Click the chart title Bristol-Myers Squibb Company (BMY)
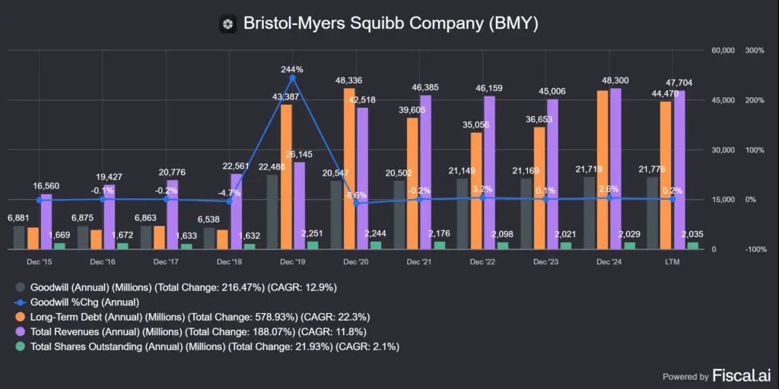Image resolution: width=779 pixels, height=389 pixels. [390, 24]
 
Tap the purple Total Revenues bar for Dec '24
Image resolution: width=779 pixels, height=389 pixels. [615, 169]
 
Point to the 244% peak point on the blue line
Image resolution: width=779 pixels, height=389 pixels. [292, 77]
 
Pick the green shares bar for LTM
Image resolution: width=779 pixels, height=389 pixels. [692, 245]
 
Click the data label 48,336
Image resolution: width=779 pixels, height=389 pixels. [349, 80]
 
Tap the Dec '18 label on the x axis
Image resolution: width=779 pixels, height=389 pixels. [229, 261]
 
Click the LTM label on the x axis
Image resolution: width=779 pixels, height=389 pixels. [672, 261]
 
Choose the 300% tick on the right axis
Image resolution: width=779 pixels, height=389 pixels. [755, 51]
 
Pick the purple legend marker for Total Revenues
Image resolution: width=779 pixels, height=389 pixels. [20, 331]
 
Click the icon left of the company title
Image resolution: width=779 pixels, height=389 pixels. [227, 24]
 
